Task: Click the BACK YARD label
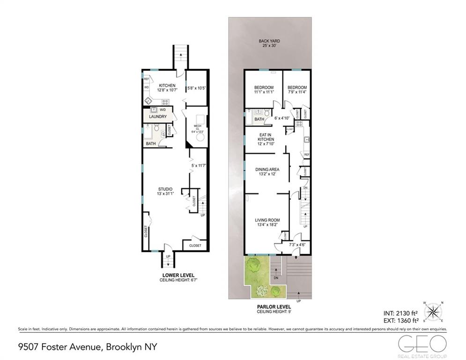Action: coord(269,41)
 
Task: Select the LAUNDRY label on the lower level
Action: coord(158,116)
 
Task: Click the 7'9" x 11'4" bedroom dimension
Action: coord(297,93)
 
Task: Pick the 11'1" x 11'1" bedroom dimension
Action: coord(264,93)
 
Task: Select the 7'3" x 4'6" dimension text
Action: coord(298,245)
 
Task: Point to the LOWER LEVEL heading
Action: coord(178,275)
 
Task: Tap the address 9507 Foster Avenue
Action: coord(61,347)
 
